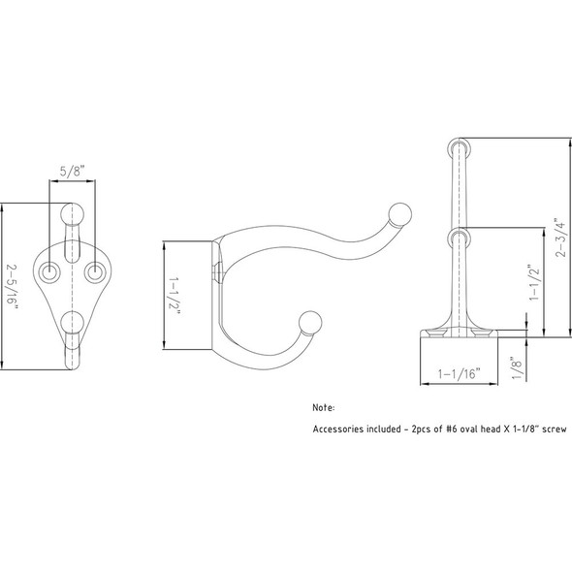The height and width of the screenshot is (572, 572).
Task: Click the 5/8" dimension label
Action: point(72,170)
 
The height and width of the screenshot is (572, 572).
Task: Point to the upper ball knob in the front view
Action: point(72,214)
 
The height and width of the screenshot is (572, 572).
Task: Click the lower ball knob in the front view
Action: point(72,322)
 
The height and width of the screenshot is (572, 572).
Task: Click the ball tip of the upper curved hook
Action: point(399,211)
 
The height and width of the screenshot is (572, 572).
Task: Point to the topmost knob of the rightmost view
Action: point(459,147)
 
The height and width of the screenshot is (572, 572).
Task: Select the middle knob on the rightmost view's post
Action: point(459,237)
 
